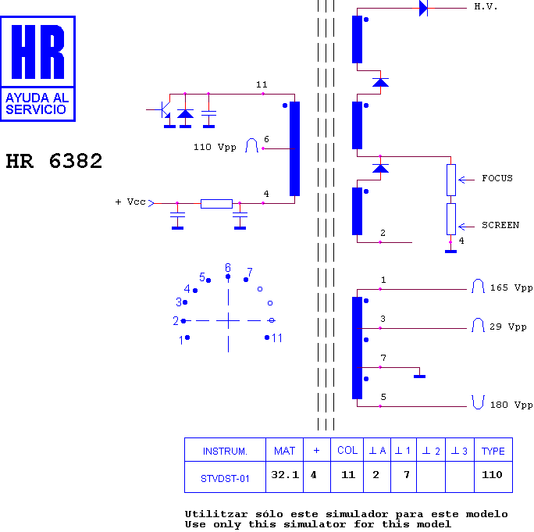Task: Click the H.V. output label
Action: [486, 6]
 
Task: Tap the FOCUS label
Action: [497, 178]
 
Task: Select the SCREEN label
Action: [500, 225]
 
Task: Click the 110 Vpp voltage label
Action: [215, 147]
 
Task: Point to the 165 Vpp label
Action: [511, 287]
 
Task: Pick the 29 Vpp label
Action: [507, 327]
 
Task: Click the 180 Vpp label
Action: [511, 405]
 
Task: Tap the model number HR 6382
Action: [54, 161]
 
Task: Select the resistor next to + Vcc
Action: [216, 204]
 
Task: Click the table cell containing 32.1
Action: [285, 477]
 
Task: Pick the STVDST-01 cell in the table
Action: [225, 477]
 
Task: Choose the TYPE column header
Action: [493, 450]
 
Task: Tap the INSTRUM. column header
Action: [225, 450]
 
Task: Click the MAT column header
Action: [285, 450]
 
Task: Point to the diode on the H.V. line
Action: [423, 8]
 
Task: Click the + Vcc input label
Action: [130, 202]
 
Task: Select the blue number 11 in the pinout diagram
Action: [277, 338]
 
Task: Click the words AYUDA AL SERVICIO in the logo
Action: [37, 104]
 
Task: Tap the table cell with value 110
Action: [493, 477]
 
